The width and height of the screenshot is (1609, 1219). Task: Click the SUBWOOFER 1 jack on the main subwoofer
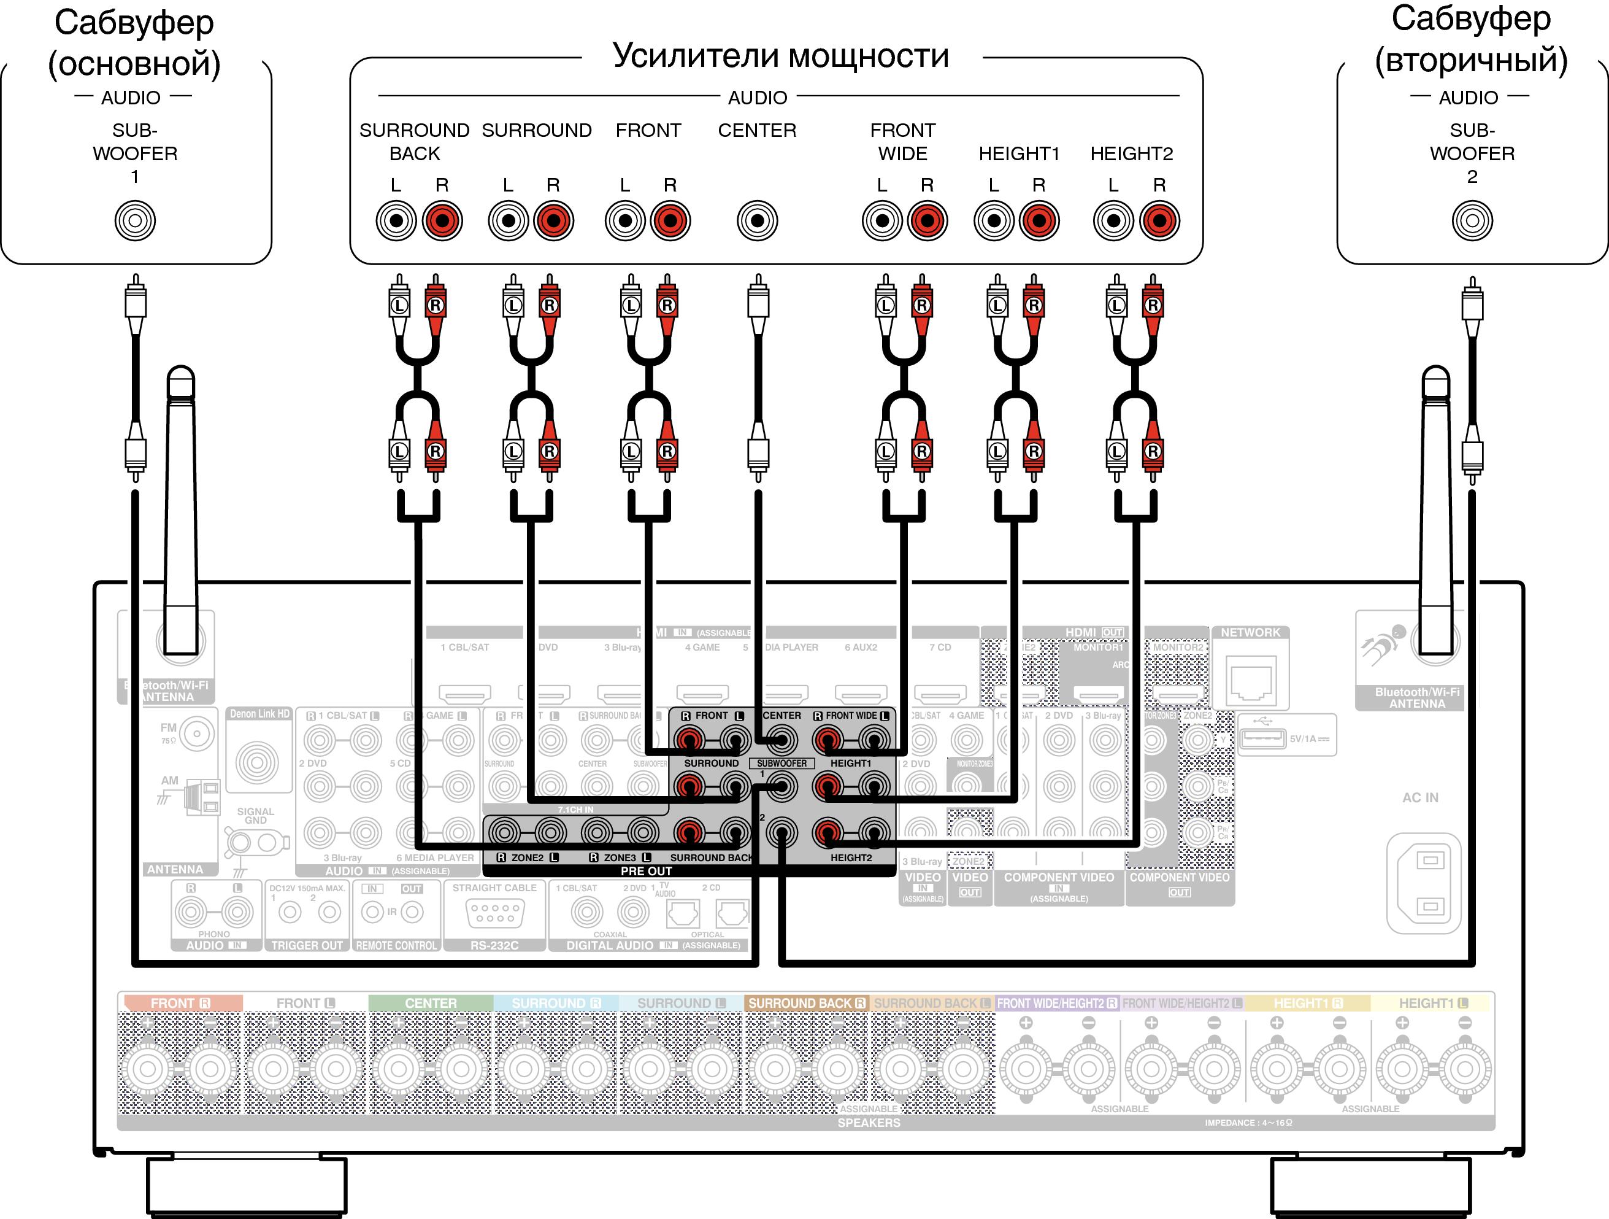point(136,220)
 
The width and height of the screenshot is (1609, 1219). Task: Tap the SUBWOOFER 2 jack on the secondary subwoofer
point(1472,220)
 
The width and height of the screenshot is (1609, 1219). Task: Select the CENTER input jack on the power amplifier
point(757,220)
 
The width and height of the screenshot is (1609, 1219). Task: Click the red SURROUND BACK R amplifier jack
point(442,220)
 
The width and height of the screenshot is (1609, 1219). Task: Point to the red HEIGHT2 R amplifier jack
point(1159,220)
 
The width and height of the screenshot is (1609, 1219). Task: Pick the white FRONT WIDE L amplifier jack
point(882,220)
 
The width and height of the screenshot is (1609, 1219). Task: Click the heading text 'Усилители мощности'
point(780,56)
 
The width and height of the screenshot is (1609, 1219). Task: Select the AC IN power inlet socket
point(1424,883)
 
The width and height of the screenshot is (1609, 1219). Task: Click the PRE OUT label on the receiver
point(646,871)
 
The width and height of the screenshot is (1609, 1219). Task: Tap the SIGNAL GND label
point(255,816)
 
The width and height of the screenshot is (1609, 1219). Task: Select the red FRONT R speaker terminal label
point(180,1003)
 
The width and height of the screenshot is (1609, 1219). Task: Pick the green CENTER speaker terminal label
point(431,1003)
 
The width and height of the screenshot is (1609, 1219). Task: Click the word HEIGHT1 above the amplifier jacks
point(1018,153)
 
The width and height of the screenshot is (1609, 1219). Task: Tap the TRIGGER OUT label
point(307,945)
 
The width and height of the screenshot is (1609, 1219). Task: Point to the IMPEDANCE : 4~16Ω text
point(1248,1122)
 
